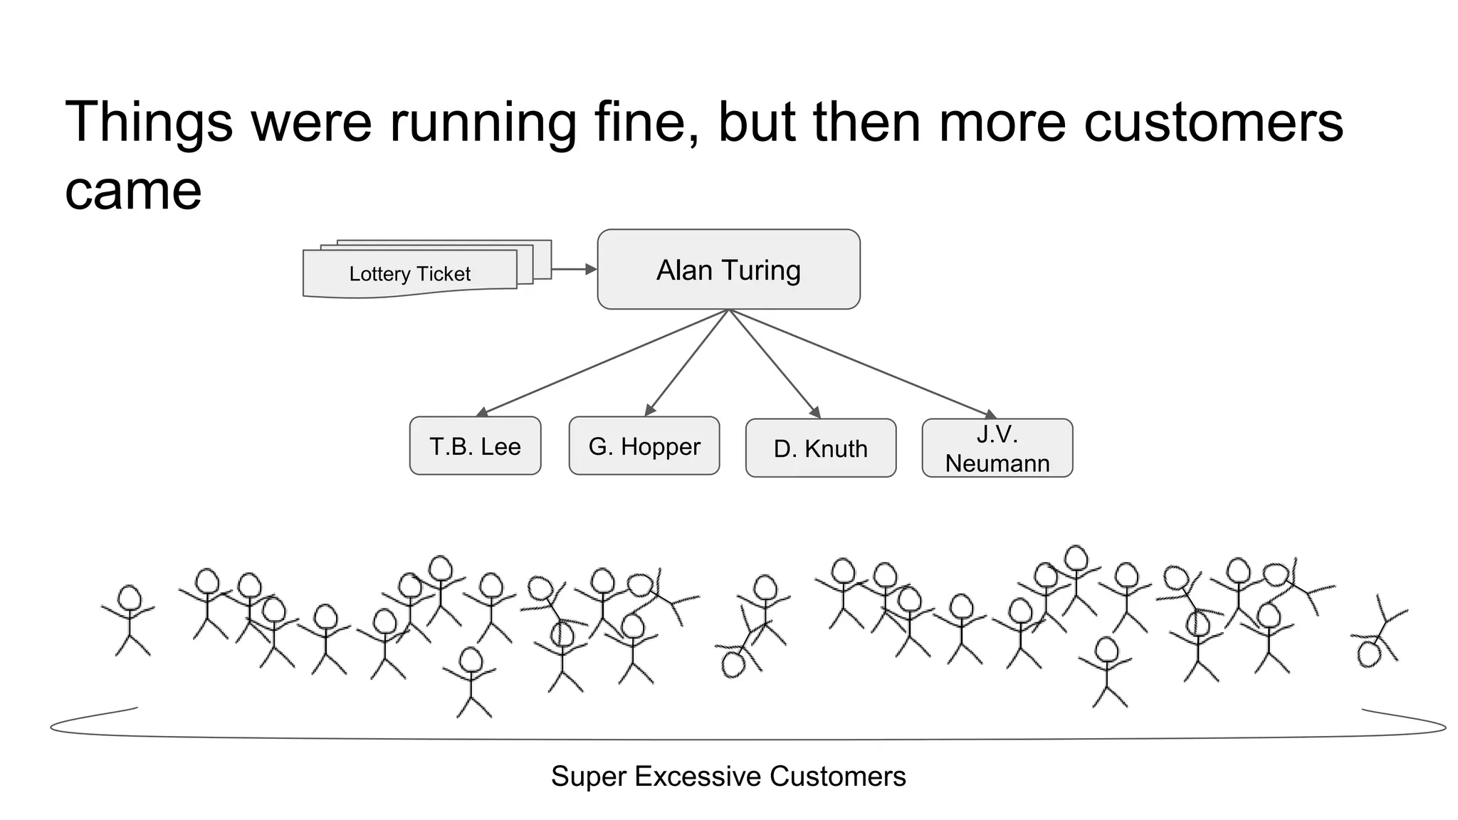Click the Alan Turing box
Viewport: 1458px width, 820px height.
[728, 269]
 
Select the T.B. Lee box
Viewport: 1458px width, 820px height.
[475, 446]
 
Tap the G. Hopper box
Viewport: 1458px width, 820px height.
[644, 446]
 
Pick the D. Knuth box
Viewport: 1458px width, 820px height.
[820, 448]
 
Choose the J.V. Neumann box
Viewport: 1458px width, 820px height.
[997, 448]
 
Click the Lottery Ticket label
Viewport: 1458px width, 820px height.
[410, 274]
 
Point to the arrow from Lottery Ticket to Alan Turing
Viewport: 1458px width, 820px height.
[573, 269]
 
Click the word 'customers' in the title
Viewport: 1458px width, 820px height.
[1213, 122]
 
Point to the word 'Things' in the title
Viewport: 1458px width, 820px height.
[149, 122]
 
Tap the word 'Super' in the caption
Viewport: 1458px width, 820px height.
[589, 776]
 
